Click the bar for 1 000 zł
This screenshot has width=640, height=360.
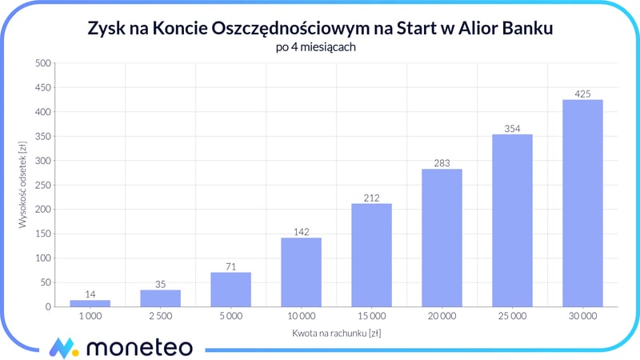(90, 303)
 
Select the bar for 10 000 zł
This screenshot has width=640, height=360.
(301, 272)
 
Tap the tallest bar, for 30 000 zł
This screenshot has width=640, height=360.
(582, 203)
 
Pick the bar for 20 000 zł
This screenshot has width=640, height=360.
(442, 238)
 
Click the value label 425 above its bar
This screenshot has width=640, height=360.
(582, 94)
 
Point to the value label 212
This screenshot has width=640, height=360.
(371, 198)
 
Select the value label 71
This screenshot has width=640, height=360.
(230, 266)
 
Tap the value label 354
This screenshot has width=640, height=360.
(512, 128)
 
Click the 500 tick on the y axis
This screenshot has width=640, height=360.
(42, 62)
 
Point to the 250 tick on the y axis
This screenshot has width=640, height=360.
(42, 185)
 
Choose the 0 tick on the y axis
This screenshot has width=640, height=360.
(48, 307)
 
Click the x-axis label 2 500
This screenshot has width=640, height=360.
(160, 317)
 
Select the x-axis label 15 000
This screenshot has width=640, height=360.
(371, 317)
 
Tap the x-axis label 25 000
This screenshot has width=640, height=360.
(512, 317)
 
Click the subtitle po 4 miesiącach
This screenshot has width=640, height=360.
(320, 47)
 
